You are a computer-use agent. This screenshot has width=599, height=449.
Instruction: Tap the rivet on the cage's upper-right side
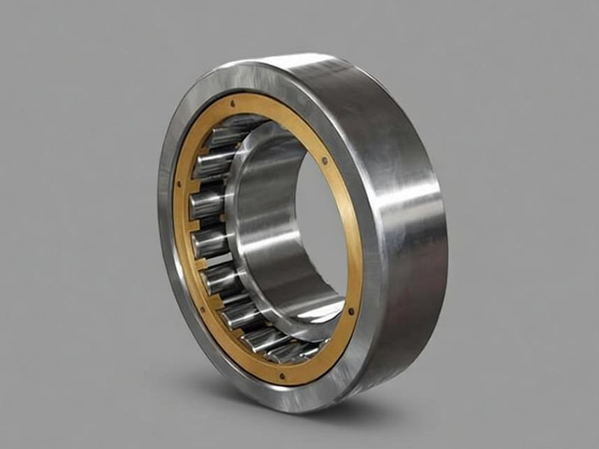click(323, 159)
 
